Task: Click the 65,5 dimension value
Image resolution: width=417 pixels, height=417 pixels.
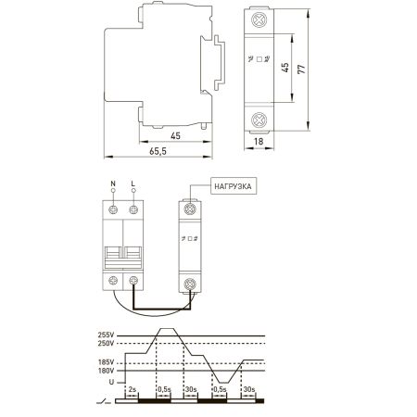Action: pyautogui.click(x=158, y=151)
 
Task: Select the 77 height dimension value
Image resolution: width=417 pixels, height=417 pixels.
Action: pyautogui.click(x=301, y=69)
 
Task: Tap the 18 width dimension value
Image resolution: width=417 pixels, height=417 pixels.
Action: pyautogui.click(x=259, y=142)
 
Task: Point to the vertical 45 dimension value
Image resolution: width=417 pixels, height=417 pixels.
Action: pyautogui.click(x=285, y=68)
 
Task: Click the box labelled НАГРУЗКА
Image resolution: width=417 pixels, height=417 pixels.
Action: pyautogui.click(x=234, y=186)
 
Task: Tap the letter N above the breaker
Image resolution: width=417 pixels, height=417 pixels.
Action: pyautogui.click(x=113, y=183)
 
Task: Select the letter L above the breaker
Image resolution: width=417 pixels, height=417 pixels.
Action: pyautogui.click(x=133, y=183)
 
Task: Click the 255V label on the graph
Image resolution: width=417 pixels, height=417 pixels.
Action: pyautogui.click(x=106, y=335)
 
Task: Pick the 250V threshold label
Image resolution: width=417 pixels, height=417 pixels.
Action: pyautogui.click(x=106, y=343)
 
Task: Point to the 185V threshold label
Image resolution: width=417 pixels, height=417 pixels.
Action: pyautogui.click(x=106, y=362)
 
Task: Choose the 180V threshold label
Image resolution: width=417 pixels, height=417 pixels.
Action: pyautogui.click(x=106, y=371)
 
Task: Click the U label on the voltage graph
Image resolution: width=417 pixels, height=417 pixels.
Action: pyautogui.click(x=111, y=382)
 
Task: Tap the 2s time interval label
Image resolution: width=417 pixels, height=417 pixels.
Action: pyautogui.click(x=132, y=389)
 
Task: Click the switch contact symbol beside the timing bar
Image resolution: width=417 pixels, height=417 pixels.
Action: pyautogui.click(x=104, y=401)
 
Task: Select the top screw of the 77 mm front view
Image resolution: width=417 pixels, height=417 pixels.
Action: pyautogui.click(x=259, y=20)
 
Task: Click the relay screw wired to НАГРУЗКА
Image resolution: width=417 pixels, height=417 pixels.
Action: pyautogui.click(x=190, y=208)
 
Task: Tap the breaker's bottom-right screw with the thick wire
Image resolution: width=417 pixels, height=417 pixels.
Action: pyautogui.click(x=133, y=281)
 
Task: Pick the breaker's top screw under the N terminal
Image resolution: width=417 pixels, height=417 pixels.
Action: pyautogui.click(x=113, y=209)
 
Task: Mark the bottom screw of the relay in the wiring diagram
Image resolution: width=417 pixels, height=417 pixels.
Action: pyautogui.click(x=190, y=284)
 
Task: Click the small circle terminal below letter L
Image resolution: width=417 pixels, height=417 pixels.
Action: pyautogui.click(x=133, y=191)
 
